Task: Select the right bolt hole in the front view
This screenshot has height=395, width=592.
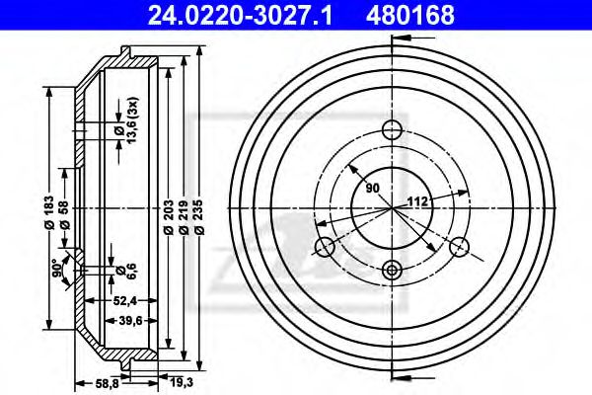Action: tap(460, 247)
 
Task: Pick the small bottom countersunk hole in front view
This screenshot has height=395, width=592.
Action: tap(392, 270)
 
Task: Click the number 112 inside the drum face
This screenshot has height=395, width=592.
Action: tap(416, 202)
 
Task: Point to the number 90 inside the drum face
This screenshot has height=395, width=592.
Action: tap(372, 186)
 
